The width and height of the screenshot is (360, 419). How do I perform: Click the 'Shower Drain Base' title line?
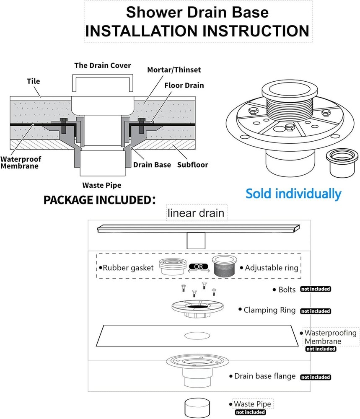(x=197, y=12)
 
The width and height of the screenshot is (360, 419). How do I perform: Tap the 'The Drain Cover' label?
(x=103, y=65)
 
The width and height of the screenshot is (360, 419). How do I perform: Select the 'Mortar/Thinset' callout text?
(x=174, y=70)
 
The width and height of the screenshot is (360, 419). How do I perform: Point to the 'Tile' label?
(x=34, y=81)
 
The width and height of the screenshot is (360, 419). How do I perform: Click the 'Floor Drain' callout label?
(x=184, y=85)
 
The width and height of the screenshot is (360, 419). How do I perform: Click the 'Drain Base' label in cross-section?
(x=152, y=165)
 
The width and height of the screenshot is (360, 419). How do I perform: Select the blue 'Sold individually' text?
(x=293, y=194)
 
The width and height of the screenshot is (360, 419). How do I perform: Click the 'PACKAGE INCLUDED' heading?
(x=100, y=199)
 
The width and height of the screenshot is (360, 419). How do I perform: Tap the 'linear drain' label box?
(x=196, y=213)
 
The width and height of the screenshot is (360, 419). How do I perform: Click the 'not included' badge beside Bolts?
(x=315, y=289)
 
